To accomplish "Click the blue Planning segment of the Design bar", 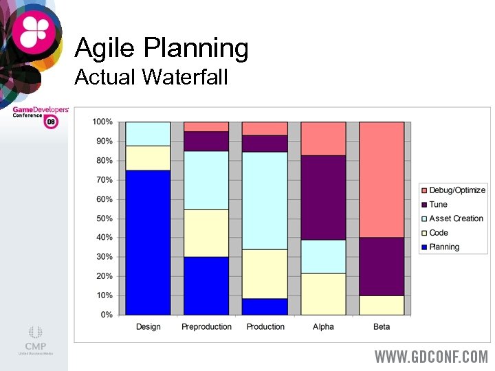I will click(x=148, y=242).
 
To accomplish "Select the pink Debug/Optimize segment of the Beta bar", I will click(x=382, y=179).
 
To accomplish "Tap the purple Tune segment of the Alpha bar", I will click(x=323, y=197).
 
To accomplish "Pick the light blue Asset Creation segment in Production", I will click(x=265, y=200).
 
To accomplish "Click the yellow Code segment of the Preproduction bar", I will click(x=206, y=233).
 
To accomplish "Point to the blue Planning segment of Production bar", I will click(x=265, y=306).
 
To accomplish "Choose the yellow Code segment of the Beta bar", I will click(x=382, y=305).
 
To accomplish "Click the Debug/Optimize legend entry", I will click(x=456, y=190).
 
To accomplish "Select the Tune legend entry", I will click(x=438, y=205).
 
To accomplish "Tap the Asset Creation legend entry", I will click(x=456, y=218).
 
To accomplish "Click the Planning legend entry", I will click(x=443, y=247).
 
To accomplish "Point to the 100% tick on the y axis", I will click(x=102, y=122).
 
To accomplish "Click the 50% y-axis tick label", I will click(x=105, y=218).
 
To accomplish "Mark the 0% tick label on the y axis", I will click(x=107, y=315).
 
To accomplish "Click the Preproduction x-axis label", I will click(x=206, y=327).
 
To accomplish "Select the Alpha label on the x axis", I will click(x=323, y=327).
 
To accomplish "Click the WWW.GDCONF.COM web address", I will click(x=431, y=357).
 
